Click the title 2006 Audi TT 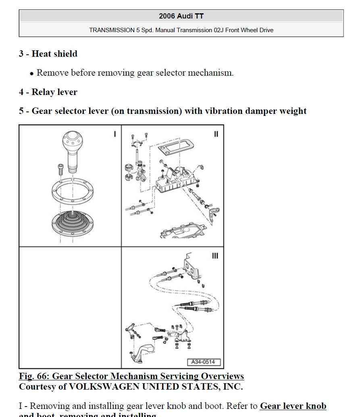point(181,16)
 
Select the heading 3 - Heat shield point(48,54)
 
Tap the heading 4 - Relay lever point(48,92)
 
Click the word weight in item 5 point(292,111)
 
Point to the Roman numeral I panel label point(115,134)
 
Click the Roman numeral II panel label point(216,134)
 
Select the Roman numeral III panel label point(215,256)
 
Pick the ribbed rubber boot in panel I point(73,221)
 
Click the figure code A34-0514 point(203,362)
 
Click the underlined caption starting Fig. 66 point(131,376)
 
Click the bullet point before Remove point(31,74)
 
